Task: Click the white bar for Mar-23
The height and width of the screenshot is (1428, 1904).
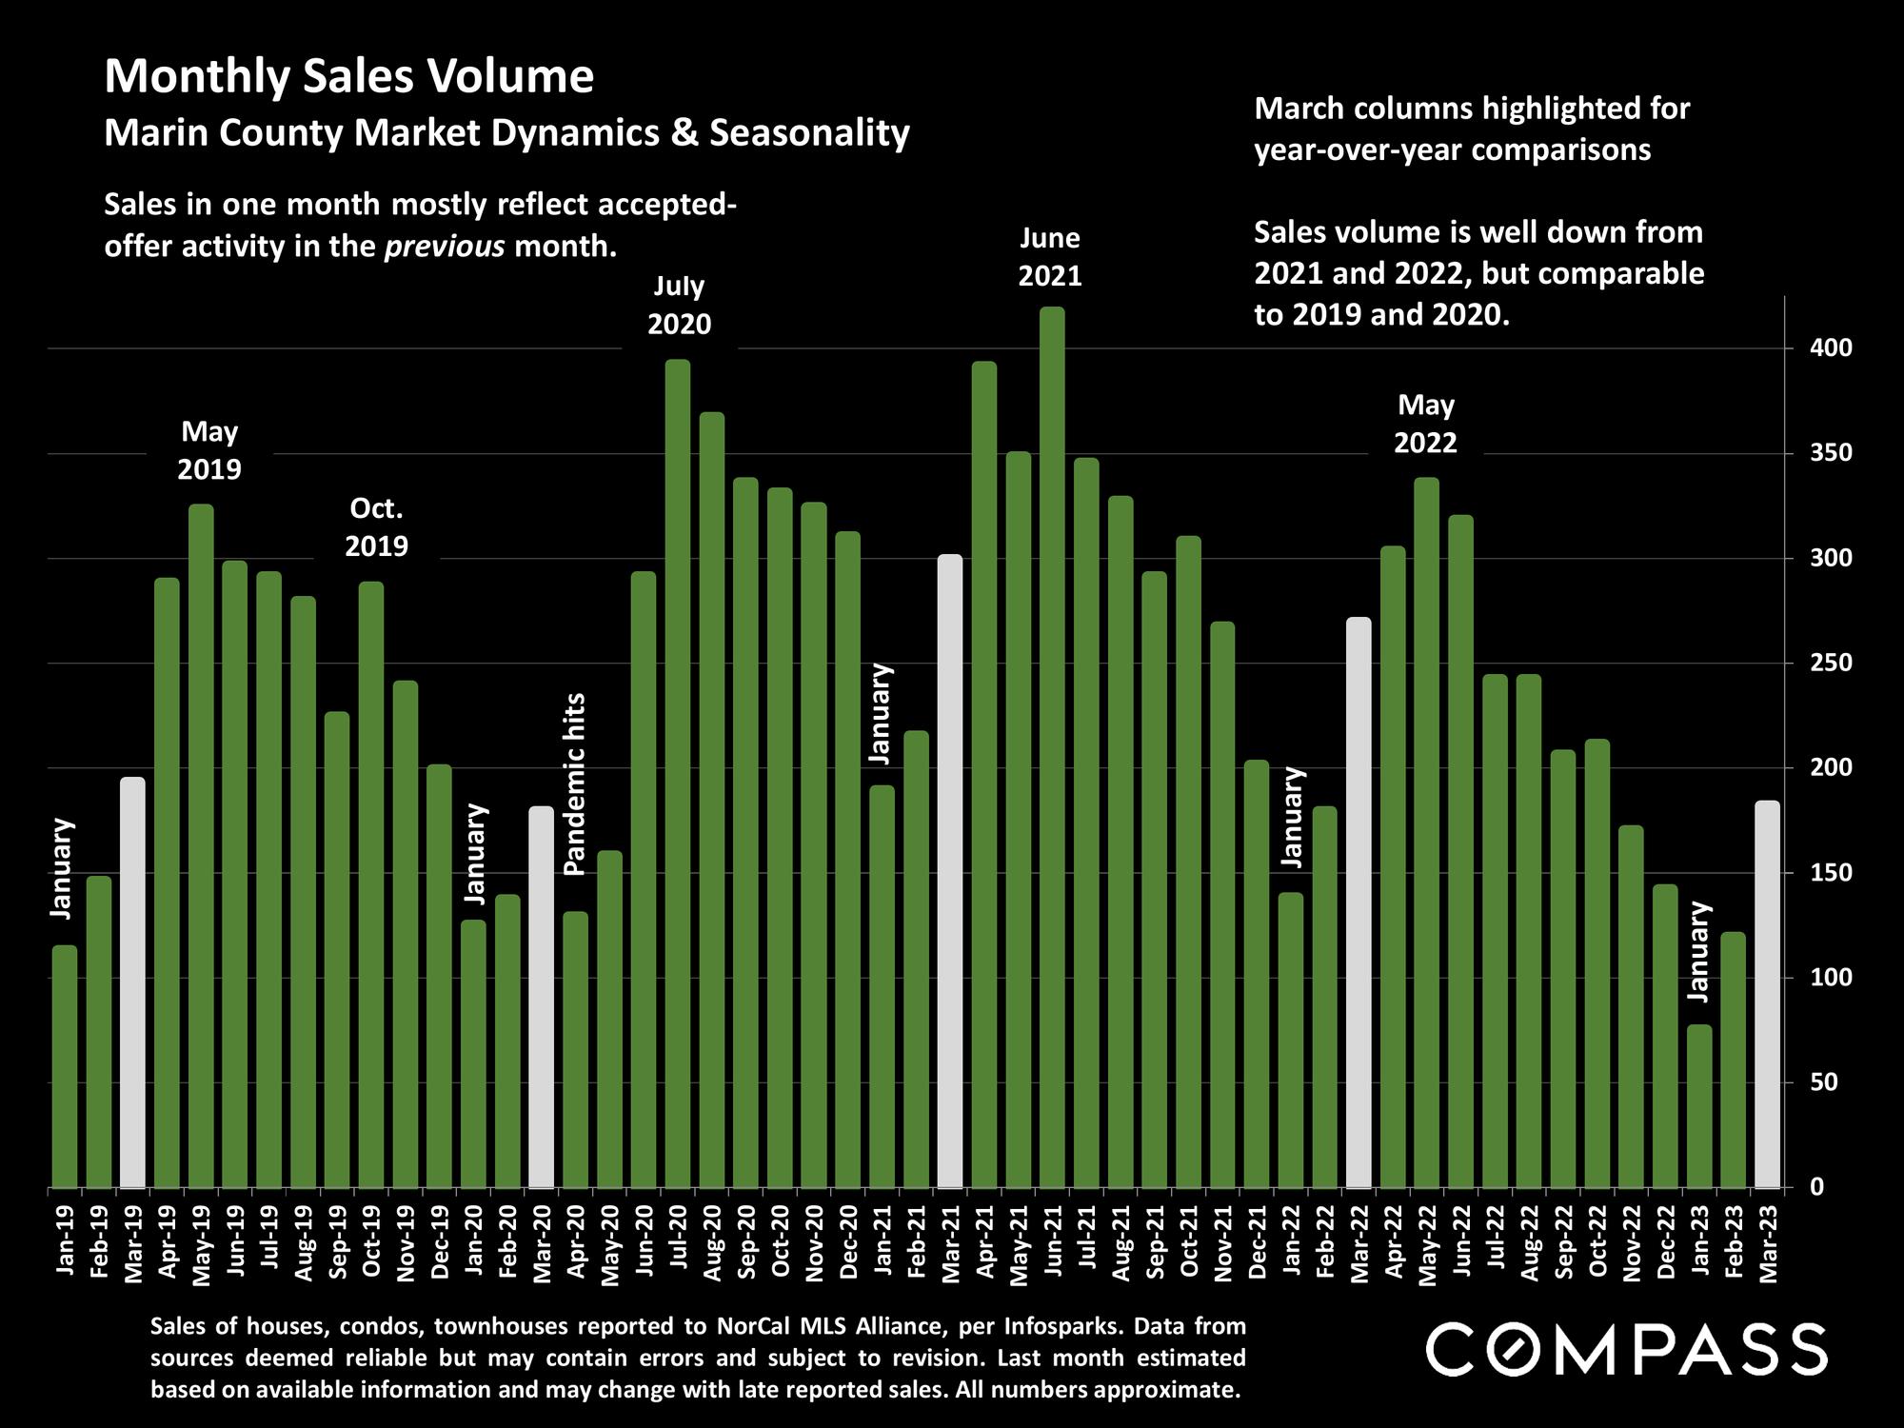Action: point(1767,995)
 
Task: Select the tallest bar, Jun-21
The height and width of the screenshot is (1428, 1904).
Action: point(1052,747)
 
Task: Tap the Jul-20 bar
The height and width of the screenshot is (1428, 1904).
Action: point(678,773)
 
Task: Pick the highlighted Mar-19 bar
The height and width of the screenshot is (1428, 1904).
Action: point(133,982)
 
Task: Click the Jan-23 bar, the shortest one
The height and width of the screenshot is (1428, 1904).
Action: point(1699,1106)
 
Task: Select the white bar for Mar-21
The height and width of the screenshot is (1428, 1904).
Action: point(950,871)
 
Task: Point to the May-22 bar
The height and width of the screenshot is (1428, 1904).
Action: point(1426,833)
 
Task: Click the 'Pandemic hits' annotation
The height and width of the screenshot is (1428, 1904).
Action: point(574,783)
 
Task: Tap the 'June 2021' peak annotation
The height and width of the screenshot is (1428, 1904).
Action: point(1050,257)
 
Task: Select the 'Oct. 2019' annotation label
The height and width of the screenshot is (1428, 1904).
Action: point(377,527)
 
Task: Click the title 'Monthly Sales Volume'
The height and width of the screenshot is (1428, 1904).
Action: point(348,76)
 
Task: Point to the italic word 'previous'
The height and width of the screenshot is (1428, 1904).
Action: point(444,247)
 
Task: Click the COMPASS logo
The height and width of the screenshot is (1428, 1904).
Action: point(1626,1348)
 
